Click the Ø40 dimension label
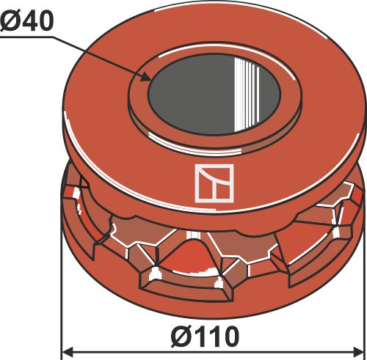click(x=27, y=21)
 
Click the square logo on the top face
click(x=213, y=183)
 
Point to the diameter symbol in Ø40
click(x=10, y=21)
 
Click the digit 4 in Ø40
click(x=29, y=21)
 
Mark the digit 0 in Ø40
click(x=45, y=21)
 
